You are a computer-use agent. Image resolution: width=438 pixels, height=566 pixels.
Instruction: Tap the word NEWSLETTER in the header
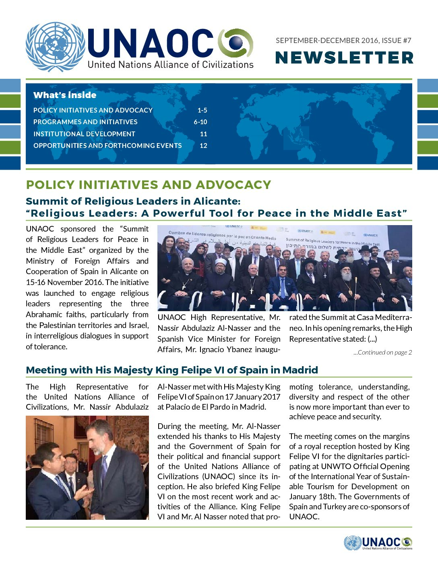(x=344, y=57)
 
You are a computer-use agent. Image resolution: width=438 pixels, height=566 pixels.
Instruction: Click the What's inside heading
(x=65, y=95)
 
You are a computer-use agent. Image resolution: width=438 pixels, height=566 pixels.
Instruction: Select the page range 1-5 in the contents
(x=202, y=110)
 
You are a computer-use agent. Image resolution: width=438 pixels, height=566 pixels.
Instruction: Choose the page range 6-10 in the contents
(x=200, y=122)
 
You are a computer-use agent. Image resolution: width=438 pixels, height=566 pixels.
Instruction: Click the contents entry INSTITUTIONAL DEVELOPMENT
(x=84, y=134)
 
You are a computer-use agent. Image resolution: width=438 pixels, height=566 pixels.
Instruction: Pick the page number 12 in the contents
(x=203, y=146)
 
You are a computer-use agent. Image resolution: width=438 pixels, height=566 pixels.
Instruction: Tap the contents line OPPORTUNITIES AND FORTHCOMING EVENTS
(x=107, y=146)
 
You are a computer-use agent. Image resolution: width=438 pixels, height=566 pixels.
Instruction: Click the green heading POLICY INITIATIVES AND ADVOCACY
(x=148, y=185)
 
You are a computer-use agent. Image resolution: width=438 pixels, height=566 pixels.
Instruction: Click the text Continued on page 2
(x=383, y=353)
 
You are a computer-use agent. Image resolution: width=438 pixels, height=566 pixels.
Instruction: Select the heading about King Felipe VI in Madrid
(x=172, y=370)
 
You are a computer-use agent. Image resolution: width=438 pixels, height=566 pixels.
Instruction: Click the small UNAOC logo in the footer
(x=378, y=543)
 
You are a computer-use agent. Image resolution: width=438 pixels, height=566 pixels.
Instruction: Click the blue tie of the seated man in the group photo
(x=282, y=287)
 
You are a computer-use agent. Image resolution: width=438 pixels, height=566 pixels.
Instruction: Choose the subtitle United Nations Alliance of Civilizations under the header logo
(x=170, y=65)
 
